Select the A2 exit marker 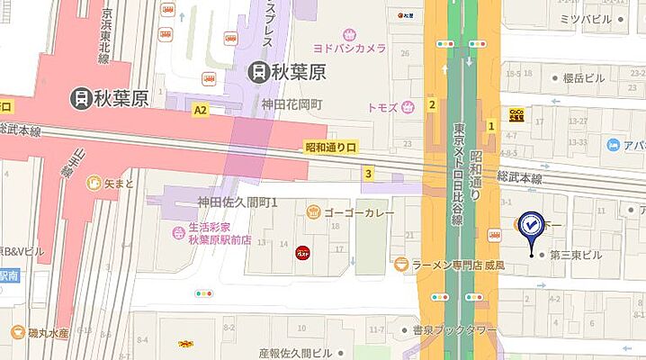[200, 108]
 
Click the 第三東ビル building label [576, 255]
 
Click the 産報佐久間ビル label [297, 353]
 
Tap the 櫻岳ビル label [586, 78]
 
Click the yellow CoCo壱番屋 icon [517, 112]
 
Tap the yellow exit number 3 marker [368, 173]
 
